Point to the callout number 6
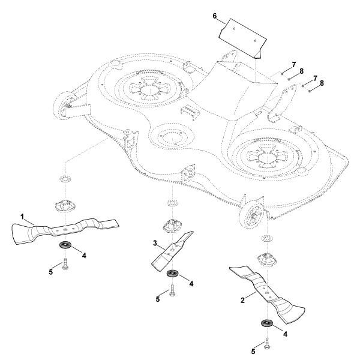pos(214,16)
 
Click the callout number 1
pos(22,215)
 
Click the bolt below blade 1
pos(63,265)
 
